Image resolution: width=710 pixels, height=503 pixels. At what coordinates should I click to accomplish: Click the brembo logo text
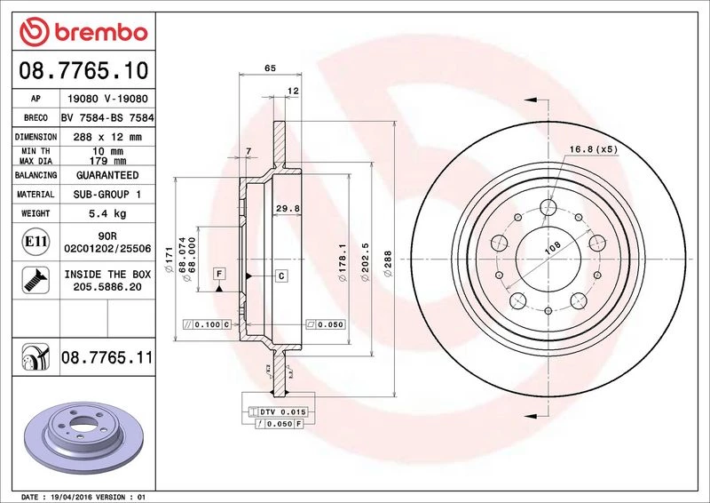pyautogui.click(x=101, y=33)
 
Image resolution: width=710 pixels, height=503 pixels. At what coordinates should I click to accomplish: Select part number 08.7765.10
pyautogui.click(x=83, y=70)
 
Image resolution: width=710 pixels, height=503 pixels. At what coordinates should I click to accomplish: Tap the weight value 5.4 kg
pyautogui.click(x=107, y=213)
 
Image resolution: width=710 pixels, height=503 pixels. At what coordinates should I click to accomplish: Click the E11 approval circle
pyautogui.click(x=35, y=242)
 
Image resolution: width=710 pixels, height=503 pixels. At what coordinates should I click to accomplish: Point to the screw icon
pyautogui.click(x=35, y=280)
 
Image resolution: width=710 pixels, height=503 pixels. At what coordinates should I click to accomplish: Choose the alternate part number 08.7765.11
pyautogui.click(x=106, y=357)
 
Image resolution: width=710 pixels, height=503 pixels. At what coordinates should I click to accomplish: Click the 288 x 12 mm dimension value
pyautogui.click(x=107, y=137)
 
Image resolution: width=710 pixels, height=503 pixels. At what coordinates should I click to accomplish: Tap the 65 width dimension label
pyautogui.click(x=270, y=68)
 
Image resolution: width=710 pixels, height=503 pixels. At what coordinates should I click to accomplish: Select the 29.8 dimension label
pyautogui.click(x=288, y=209)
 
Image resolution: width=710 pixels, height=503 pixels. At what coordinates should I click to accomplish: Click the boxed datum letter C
pyautogui.click(x=281, y=275)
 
